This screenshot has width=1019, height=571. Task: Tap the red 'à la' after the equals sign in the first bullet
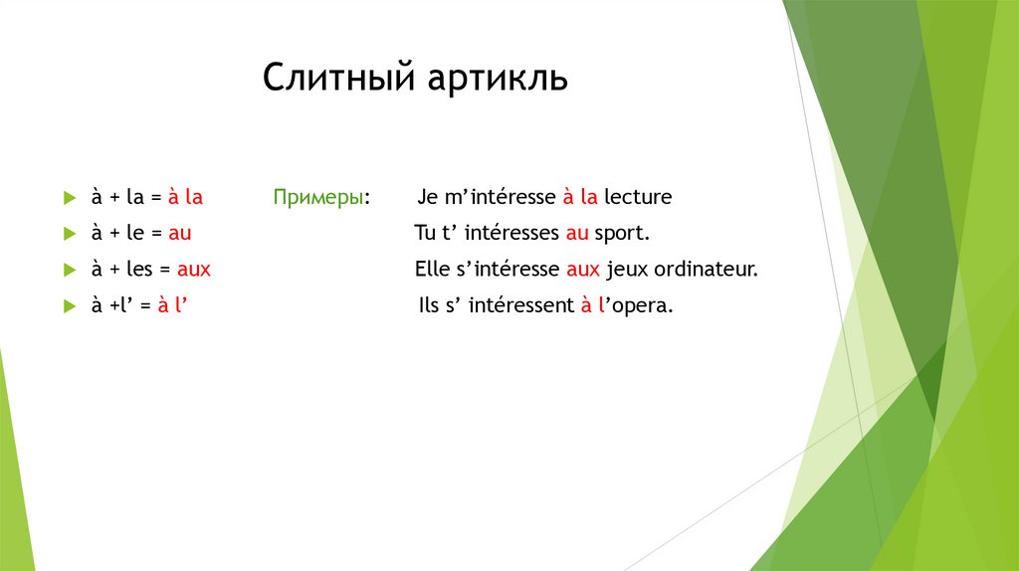(x=185, y=197)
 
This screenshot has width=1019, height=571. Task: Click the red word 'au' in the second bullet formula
(x=179, y=234)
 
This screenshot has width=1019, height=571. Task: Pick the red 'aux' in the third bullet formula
(x=193, y=270)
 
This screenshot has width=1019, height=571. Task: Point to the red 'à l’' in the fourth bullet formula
(x=172, y=306)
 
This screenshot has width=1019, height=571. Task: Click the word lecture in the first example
(x=638, y=197)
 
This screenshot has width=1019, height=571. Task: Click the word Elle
(x=431, y=270)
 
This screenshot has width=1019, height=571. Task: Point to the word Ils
(x=430, y=306)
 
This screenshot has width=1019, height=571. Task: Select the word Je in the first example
(x=428, y=197)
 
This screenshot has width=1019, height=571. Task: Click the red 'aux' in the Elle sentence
(x=583, y=270)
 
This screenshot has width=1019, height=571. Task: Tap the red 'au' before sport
(x=577, y=234)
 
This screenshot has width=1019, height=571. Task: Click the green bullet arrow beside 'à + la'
(x=68, y=198)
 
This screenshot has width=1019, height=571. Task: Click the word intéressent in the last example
(x=523, y=306)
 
